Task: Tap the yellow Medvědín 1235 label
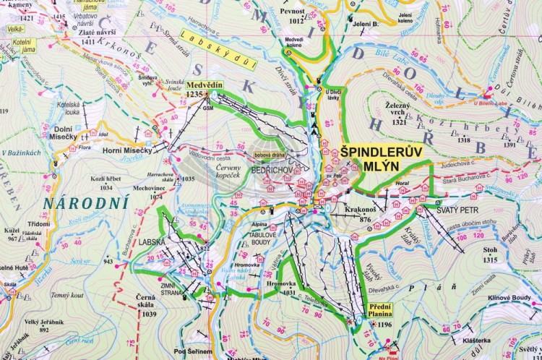[203, 89]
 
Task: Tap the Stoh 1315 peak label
[491, 255]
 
